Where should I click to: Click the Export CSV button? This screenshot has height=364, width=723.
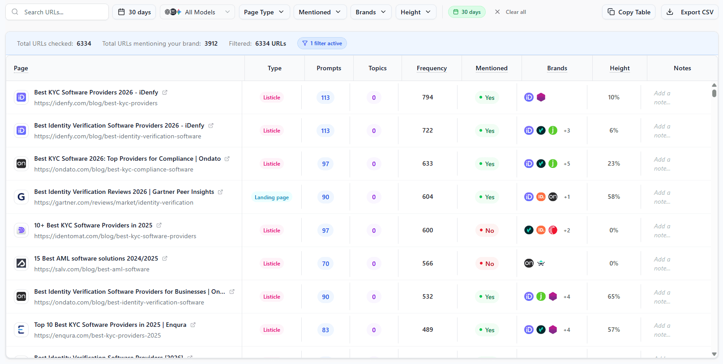pyautogui.click(x=690, y=12)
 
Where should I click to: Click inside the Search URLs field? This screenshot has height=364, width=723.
pyautogui.click(x=63, y=12)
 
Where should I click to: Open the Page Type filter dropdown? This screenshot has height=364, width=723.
pyautogui.click(x=264, y=12)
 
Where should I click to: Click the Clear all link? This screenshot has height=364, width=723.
pyautogui.click(x=510, y=12)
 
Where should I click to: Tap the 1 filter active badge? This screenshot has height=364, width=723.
pyautogui.click(x=322, y=43)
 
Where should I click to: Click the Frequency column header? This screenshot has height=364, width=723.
pyautogui.click(x=432, y=68)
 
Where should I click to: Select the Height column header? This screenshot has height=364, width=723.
pyautogui.click(x=620, y=68)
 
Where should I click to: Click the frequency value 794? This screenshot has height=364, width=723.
pyautogui.click(x=428, y=97)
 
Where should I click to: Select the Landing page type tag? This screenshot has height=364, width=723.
pyautogui.click(x=272, y=197)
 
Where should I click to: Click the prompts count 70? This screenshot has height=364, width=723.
pyautogui.click(x=325, y=264)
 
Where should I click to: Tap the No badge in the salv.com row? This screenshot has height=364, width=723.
pyautogui.click(x=487, y=264)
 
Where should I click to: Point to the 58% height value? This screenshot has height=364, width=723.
pyautogui.click(x=614, y=197)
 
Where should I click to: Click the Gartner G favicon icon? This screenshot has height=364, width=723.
pyautogui.click(x=21, y=197)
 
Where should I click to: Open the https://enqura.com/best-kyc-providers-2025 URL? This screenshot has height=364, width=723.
pyautogui.click(x=98, y=335)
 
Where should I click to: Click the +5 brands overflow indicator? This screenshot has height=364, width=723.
pyautogui.click(x=567, y=164)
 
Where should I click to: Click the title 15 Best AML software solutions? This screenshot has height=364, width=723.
pyautogui.click(x=96, y=258)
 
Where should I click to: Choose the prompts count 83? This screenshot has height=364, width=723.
pyautogui.click(x=325, y=330)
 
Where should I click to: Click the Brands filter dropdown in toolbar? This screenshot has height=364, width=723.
pyautogui.click(x=371, y=12)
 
